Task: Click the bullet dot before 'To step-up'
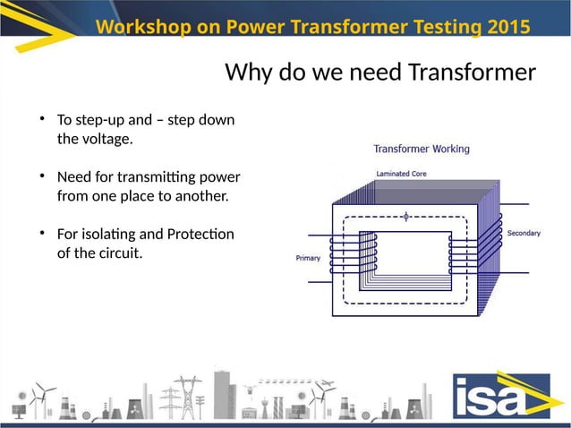[42, 119]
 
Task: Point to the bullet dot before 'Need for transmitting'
[42, 175]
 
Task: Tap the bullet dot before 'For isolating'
[42, 233]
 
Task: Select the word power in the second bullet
[220, 175]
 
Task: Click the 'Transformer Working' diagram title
[421, 150]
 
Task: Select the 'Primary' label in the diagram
[308, 259]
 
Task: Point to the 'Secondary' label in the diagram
[524, 234]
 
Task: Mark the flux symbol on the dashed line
[408, 216]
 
